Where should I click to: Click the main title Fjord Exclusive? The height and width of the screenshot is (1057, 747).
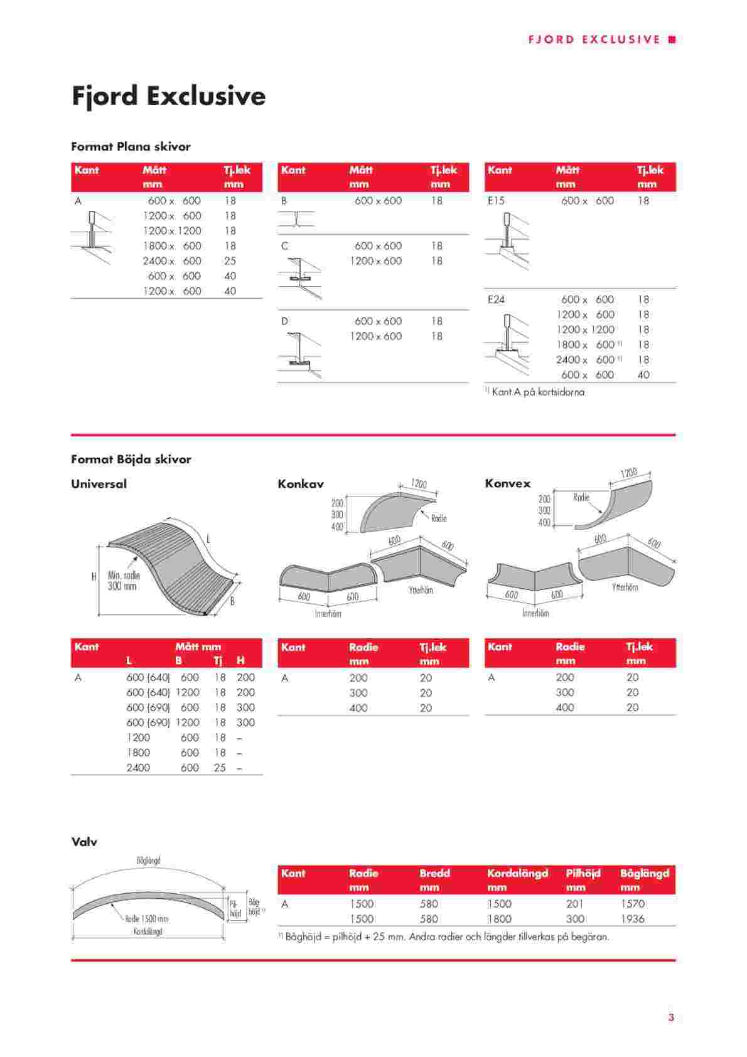(x=168, y=96)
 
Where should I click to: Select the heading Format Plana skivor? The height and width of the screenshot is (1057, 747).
(x=131, y=146)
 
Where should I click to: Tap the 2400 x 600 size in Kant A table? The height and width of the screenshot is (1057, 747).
(x=171, y=260)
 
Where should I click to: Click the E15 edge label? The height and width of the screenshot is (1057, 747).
(x=496, y=201)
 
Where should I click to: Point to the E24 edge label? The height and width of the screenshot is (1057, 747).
(x=496, y=299)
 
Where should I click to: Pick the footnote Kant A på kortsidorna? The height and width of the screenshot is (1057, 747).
(x=537, y=392)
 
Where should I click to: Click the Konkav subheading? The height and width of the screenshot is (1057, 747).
(x=301, y=484)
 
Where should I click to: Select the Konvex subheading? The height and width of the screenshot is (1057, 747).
(x=507, y=483)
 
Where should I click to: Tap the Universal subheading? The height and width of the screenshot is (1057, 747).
(x=99, y=484)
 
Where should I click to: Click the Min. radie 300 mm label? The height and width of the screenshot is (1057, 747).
(x=123, y=581)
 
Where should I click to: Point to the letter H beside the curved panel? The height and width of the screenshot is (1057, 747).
(x=94, y=576)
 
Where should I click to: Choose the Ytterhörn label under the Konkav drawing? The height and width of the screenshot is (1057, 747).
(x=421, y=591)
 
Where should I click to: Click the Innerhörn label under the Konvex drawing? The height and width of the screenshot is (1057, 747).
(x=535, y=613)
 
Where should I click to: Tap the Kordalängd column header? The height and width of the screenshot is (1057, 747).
(x=517, y=873)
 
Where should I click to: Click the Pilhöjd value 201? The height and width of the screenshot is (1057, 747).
(x=574, y=904)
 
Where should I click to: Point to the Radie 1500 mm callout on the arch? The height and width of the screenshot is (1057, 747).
(x=146, y=919)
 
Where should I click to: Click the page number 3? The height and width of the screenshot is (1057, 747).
(x=671, y=1018)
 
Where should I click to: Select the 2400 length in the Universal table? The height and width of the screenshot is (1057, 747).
(x=138, y=768)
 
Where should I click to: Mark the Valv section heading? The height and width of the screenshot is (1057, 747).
(x=84, y=842)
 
